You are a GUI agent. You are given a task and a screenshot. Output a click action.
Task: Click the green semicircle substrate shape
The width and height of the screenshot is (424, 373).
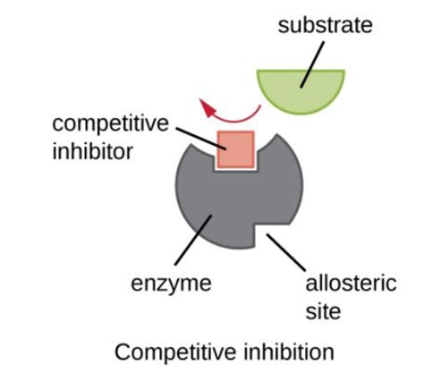[301, 89]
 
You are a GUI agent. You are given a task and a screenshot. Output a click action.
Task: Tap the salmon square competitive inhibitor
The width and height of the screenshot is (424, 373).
[236, 149]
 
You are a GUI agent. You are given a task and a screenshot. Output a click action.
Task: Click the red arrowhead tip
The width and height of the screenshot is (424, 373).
[200, 100]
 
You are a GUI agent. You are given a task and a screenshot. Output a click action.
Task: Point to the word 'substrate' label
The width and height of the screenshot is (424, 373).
[325, 25]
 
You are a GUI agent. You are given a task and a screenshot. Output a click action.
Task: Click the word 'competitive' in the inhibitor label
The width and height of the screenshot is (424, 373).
[110, 123]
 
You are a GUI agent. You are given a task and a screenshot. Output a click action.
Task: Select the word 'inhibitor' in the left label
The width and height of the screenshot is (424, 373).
[92, 151]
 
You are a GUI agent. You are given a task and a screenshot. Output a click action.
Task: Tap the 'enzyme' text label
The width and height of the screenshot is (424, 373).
[171, 284]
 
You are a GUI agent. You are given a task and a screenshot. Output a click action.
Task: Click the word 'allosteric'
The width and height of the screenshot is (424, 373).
[351, 283]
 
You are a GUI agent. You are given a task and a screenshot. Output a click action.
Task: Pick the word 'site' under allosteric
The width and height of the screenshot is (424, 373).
[323, 311]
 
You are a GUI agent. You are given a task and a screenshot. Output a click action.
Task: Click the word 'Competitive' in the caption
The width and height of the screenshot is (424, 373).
[175, 352]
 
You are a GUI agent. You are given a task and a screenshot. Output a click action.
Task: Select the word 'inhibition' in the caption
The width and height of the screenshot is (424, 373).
[289, 352]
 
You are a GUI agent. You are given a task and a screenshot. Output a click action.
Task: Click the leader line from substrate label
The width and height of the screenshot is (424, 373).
[312, 64]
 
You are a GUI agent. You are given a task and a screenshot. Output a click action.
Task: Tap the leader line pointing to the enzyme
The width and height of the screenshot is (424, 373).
[193, 240]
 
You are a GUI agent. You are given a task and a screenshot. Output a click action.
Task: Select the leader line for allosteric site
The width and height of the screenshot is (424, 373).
[286, 252]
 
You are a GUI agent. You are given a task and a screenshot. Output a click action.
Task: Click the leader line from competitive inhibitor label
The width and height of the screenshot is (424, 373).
[201, 139]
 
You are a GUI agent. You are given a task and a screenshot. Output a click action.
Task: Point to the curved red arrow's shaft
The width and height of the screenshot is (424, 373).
[235, 119]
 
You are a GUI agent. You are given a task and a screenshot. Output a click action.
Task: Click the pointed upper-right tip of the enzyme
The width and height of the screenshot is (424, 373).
[277, 134]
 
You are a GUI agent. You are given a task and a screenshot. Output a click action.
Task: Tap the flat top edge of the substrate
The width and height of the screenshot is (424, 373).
[301, 71]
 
